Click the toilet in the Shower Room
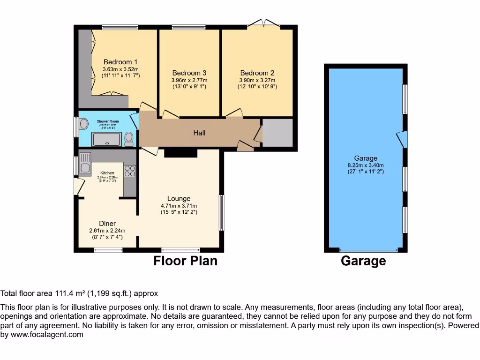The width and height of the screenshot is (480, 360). (x=129, y=137)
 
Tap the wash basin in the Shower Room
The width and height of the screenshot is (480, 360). (x=84, y=124)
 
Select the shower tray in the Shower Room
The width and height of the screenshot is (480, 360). (x=107, y=139)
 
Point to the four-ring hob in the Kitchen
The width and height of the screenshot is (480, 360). (x=130, y=171)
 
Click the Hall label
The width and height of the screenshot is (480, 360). (x=199, y=133)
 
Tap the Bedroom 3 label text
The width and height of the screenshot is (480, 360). (x=189, y=73)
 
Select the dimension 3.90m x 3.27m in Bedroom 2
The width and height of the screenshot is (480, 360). (x=257, y=80)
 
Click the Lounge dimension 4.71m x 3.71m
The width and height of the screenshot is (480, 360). (x=179, y=206)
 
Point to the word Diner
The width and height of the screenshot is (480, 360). (x=107, y=224)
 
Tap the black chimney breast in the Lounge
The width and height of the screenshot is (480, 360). (x=180, y=153)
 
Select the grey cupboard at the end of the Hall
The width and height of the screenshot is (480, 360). (x=277, y=133)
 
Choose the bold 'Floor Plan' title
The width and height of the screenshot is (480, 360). (x=186, y=261)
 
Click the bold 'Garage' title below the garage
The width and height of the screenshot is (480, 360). (x=363, y=261)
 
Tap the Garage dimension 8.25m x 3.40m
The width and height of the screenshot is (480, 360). (x=366, y=165)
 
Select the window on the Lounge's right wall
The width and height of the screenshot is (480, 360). (x=222, y=212)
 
